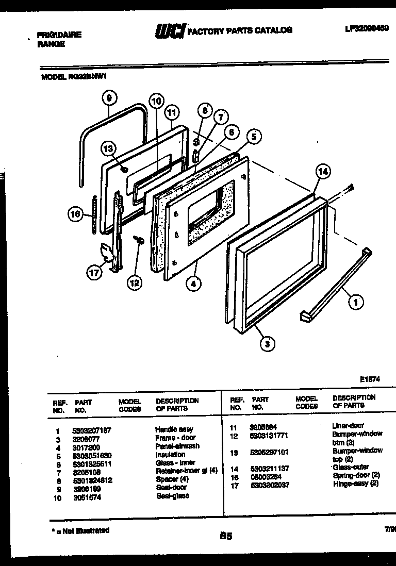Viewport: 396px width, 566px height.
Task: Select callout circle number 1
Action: coord(355,303)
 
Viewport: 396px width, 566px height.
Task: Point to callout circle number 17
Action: coord(94,273)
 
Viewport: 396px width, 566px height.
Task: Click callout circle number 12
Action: coord(135,282)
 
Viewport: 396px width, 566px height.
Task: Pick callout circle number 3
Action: coord(267,344)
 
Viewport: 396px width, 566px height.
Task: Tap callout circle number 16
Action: coord(75,214)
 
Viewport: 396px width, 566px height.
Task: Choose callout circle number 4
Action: coord(194,282)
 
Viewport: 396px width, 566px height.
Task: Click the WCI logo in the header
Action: coord(170,31)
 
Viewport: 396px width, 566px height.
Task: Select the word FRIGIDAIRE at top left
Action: coord(59,35)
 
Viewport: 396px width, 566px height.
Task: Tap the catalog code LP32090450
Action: coord(367,29)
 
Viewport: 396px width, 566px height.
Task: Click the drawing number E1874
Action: coord(370,379)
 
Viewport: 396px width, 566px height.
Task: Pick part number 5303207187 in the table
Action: coord(92,430)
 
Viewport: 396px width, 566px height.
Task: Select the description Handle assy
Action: coord(174,429)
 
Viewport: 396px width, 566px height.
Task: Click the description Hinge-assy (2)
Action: coord(356,484)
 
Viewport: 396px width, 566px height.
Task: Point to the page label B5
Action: coord(225,536)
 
